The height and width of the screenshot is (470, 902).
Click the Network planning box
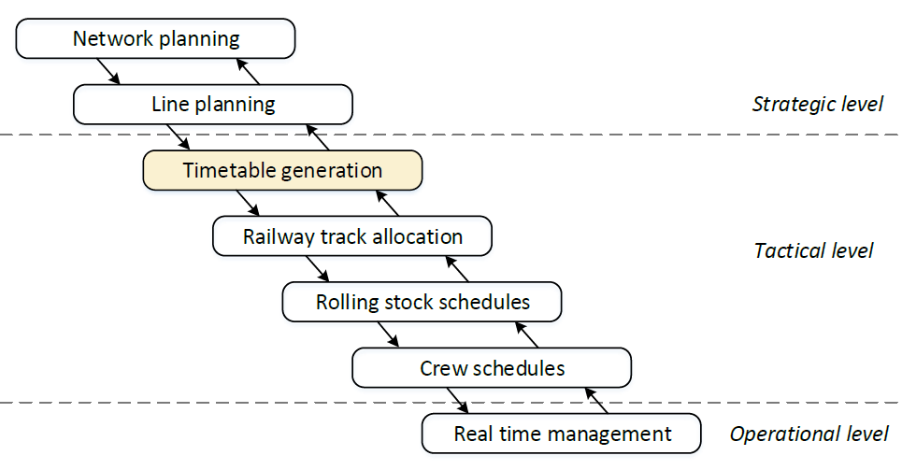coord(156,39)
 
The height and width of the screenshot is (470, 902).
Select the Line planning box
coord(213,104)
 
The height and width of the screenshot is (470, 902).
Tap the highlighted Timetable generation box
coord(282,171)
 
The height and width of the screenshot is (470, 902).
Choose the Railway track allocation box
coord(352,236)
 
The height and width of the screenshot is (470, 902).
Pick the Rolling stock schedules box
coord(422,303)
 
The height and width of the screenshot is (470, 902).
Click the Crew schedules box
coord(492,368)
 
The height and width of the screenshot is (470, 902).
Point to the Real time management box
coord(562,434)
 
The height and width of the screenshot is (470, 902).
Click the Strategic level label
coord(817,104)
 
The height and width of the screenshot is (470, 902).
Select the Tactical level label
coord(813,250)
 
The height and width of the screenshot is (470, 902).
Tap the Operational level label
coord(809,434)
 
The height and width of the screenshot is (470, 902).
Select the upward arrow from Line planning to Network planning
coord(247,71)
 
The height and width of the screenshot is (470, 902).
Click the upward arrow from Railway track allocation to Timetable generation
coord(387,203)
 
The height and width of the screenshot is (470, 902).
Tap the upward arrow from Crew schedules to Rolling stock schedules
coord(526,335)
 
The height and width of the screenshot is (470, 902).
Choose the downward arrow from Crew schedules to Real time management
coord(457,400)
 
